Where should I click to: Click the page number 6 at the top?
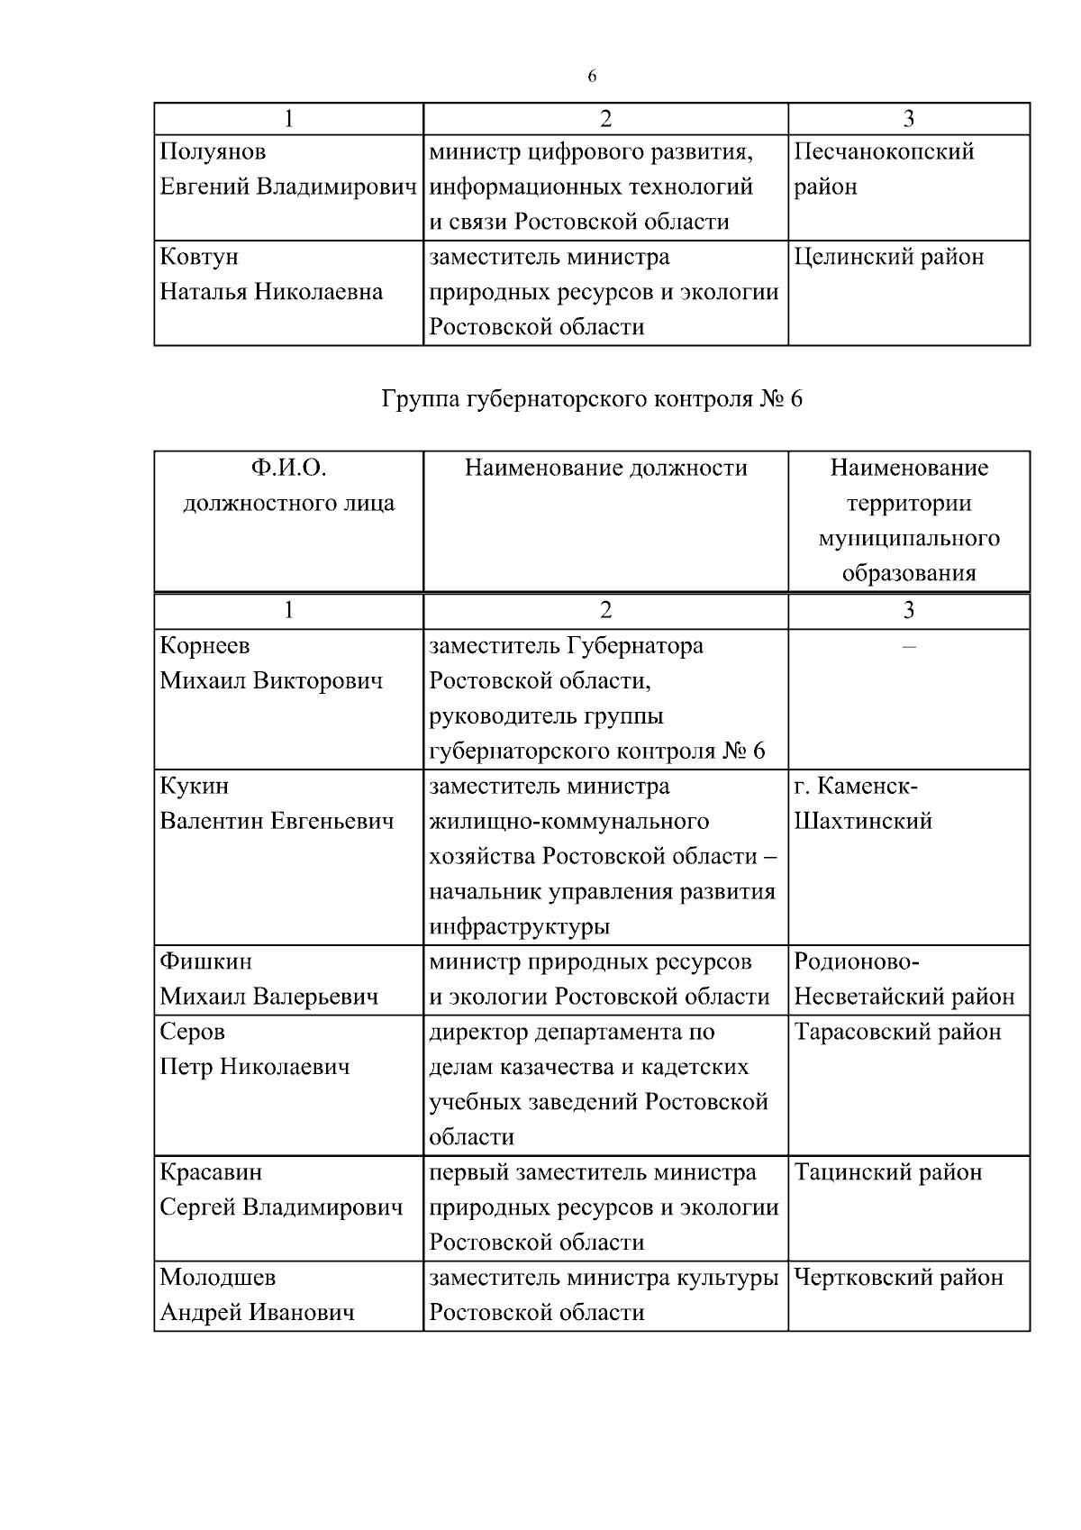592,77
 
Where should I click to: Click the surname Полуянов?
213,151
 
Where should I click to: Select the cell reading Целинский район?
888,258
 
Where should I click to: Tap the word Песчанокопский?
884,151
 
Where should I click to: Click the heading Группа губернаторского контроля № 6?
592,399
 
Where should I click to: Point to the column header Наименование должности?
605,468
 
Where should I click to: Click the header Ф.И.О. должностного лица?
288,486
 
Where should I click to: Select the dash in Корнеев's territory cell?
908,647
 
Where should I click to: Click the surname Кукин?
195,786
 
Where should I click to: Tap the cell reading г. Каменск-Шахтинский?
863,804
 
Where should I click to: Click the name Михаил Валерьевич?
268,997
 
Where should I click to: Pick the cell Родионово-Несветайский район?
904,979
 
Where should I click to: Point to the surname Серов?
192,1032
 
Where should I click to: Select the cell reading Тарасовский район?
897,1032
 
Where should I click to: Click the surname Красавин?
211,1172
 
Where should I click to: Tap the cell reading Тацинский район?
887,1172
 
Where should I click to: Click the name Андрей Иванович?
257,1313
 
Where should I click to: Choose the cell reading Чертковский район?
898,1278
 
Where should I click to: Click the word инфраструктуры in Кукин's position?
519,926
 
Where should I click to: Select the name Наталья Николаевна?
271,292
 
